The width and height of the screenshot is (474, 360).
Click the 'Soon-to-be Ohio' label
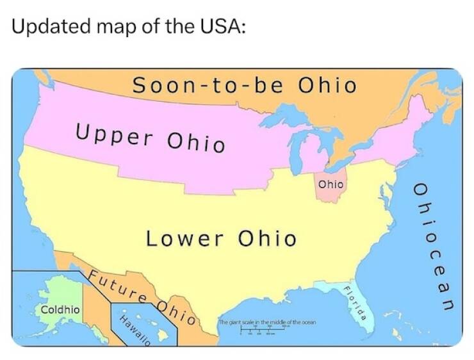[x=243, y=85]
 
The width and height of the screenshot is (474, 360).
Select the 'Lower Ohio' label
[x=222, y=239]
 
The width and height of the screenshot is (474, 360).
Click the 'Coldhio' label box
[x=60, y=309]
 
